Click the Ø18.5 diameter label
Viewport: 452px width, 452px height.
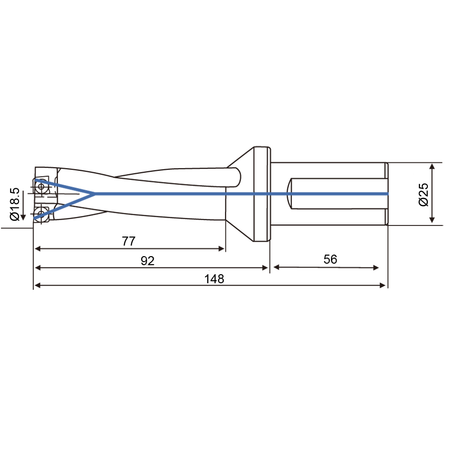15,204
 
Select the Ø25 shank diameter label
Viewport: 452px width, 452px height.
423,194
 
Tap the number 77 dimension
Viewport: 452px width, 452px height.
129,241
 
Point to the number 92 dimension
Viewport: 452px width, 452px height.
148,261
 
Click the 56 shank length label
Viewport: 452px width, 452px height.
330,259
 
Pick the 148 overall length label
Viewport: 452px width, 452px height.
214,279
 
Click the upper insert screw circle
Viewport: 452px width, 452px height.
41,186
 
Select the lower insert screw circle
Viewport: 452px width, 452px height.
41,213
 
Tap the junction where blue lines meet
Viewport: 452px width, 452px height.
94,194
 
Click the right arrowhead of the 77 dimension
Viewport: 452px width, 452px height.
221,249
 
